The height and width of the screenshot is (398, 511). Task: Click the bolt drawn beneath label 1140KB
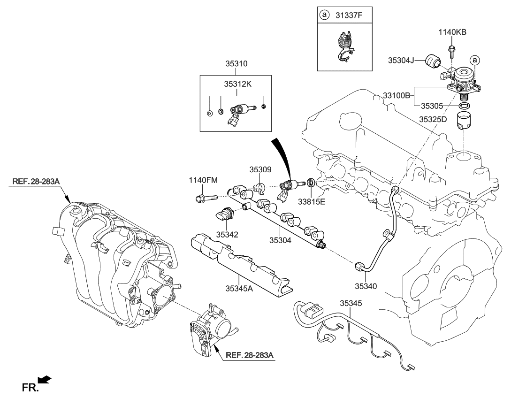(x=451, y=48)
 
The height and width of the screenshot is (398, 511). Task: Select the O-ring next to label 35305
(x=464, y=107)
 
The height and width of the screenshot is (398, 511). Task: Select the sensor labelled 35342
(x=223, y=214)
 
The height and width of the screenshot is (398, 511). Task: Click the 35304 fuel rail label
(x=280, y=240)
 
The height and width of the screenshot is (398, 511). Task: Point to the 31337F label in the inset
(x=348, y=15)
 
